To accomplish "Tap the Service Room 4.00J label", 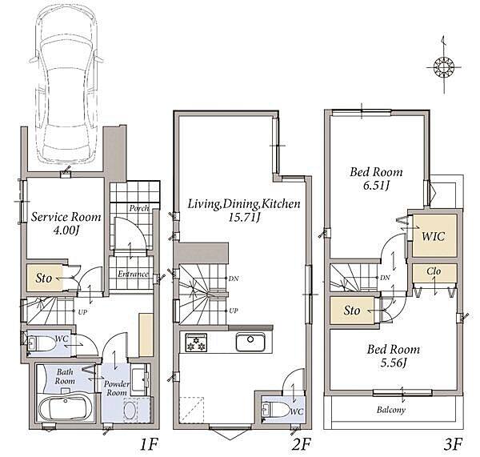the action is coord(66,223).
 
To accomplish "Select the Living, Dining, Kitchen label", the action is coord(244,210).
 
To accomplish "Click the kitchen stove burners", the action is coord(196,342).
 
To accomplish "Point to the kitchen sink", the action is coord(250,342).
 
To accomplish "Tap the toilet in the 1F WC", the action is coord(42,343).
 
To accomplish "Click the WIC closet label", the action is coord(433,236).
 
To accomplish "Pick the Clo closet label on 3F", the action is coord(434,271).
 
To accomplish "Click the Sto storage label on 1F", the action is coord(43,278).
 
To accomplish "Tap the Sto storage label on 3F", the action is coord(351,311).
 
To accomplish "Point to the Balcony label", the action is coord(391,410).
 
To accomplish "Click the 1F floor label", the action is coord(149,444).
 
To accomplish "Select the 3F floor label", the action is coord(453,444).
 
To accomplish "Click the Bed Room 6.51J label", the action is coord(376,178).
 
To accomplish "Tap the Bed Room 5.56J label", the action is coord(394,355).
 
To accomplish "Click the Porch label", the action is coord(139,208).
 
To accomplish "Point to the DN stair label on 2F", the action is coord(234,279).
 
